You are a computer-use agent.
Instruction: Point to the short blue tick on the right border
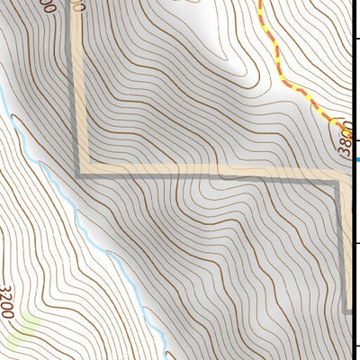(356, 160)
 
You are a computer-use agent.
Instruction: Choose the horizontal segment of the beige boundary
(207, 172)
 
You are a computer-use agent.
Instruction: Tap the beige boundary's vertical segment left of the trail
(79, 90)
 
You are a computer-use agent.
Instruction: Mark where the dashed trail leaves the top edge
(260, 2)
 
